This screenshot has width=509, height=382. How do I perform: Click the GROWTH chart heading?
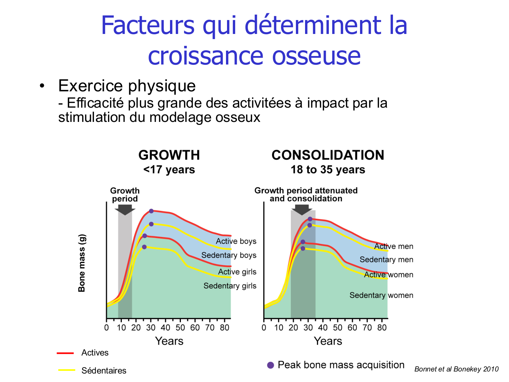[x=169, y=155]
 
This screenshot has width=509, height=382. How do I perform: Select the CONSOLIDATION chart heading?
[x=328, y=155]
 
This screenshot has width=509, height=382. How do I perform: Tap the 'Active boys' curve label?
[x=236, y=241]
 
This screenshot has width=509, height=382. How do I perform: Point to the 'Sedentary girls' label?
[x=230, y=286]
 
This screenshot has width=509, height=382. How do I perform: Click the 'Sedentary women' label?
[x=381, y=295]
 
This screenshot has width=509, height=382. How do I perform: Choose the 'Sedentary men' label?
[x=386, y=260]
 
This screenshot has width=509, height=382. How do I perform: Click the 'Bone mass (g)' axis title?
[x=82, y=263]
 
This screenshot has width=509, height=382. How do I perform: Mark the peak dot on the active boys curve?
[x=151, y=211]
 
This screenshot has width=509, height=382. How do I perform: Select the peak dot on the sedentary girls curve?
[x=144, y=247]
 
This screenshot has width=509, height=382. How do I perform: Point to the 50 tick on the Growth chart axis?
[x=180, y=328]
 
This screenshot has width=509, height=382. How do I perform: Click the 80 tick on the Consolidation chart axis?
[x=382, y=328]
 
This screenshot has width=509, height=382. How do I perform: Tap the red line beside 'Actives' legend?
[x=65, y=353]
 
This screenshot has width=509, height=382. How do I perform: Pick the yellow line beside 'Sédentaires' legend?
[x=67, y=370]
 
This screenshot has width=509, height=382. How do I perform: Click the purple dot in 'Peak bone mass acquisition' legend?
[x=270, y=365]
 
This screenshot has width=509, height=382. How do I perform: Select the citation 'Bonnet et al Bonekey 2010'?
[x=456, y=369]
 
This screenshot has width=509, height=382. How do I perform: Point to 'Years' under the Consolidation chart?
[x=328, y=341]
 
